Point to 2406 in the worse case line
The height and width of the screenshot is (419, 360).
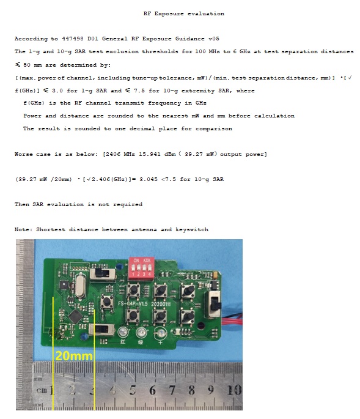[112, 154]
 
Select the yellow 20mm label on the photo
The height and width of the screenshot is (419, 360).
[74, 356]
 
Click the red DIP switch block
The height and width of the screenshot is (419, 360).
[142, 267]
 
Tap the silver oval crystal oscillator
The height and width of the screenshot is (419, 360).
[81, 285]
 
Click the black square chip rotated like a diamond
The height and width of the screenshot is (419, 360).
[75, 316]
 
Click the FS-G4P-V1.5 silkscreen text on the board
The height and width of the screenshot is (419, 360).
[133, 303]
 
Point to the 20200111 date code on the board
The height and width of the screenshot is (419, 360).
[161, 304]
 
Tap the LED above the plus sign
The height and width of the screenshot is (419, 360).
[161, 333]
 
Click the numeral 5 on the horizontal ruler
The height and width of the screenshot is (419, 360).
[133, 390]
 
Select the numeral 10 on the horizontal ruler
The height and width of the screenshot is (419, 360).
[234, 390]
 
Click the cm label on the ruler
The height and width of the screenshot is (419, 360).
[42, 390]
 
